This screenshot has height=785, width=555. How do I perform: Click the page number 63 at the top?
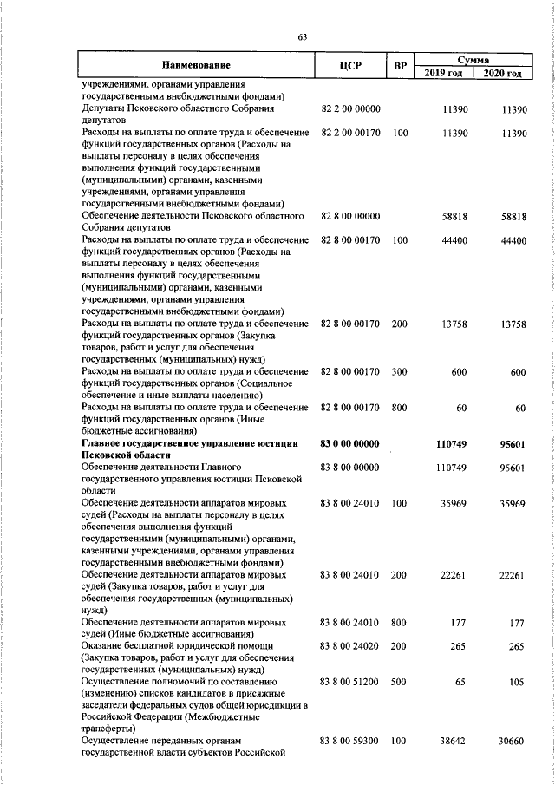tap(302, 37)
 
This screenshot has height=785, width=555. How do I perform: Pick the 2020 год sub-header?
tap(502, 73)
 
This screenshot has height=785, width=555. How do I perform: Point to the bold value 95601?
tap(512, 443)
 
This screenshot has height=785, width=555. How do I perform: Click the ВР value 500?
tap(400, 683)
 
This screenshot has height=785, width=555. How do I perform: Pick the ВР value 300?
tap(400, 371)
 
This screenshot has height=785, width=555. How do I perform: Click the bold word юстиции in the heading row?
tap(278, 443)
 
